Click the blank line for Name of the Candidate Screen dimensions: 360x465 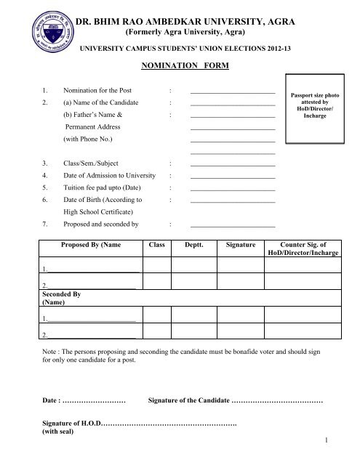click(232, 105)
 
